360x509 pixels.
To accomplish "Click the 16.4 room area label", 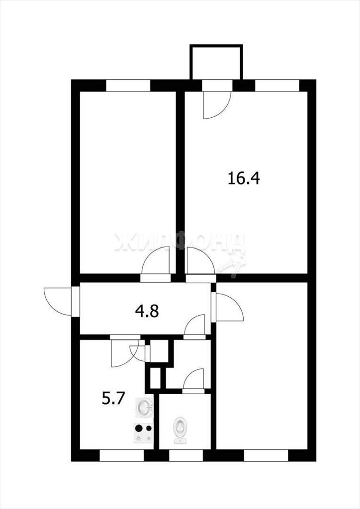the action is click(x=244, y=178).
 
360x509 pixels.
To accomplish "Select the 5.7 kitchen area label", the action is click(x=113, y=398).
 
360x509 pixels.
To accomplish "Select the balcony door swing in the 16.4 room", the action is click(x=217, y=105).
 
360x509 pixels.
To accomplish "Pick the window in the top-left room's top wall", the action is click(x=128, y=85).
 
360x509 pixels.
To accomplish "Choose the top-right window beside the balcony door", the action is click(x=277, y=85).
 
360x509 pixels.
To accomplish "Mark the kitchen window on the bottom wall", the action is click(x=121, y=455).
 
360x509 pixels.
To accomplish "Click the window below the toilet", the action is click(x=185, y=455).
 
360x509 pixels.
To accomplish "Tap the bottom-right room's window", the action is click(x=266, y=455).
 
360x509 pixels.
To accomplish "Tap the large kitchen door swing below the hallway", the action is click(x=125, y=353).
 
